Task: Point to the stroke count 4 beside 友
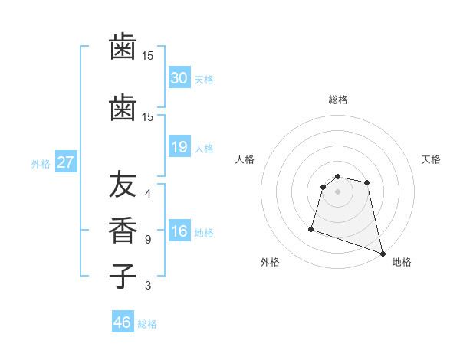click(148, 194)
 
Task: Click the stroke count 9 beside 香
click(148, 239)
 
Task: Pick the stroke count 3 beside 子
click(148, 286)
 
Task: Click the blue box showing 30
click(179, 77)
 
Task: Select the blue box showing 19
click(179, 147)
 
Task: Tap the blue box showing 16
click(179, 232)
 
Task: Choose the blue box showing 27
click(65, 162)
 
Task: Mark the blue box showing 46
click(123, 322)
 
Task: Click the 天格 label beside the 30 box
click(204, 79)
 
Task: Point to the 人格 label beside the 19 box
click(204, 149)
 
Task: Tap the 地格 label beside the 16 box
click(204, 233)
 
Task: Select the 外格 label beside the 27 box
click(41, 163)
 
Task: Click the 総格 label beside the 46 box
click(147, 324)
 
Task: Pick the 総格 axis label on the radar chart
click(337, 100)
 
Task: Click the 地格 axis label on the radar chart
click(402, 262)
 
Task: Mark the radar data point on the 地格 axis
click(382, 252)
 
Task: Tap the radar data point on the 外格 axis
click(311, 228)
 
